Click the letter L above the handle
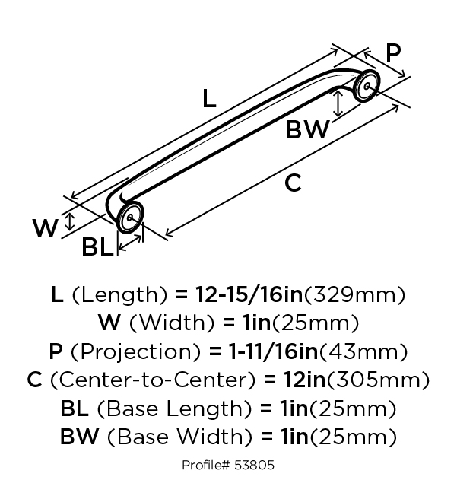click(x=209, y=98)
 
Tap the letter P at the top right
click(x=393, y=52)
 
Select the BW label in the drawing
click(x=307, y=129)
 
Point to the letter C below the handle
click(x=293, y=183)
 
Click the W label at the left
click(x=46, y=228)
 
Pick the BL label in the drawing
click(x=97, y=247)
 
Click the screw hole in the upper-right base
click(x=367, y=86)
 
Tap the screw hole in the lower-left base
click(x=130, y=218)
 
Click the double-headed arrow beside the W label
click(x=70, y=221)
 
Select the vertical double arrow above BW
click(x=338, y=103)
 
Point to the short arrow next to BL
click(x=130, y=243)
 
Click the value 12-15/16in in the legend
click(x=249, y=294)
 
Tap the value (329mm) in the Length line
click(x=355, y=294)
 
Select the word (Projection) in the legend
click(x=136, y=352)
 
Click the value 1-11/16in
click(x=274, y=351)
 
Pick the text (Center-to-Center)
click(x=153, y=380)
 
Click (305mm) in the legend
click(x=379, y=380)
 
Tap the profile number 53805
click(x=254, y=465)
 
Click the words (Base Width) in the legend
click(x=180, y=437)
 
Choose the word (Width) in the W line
click(x=173, y=323)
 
